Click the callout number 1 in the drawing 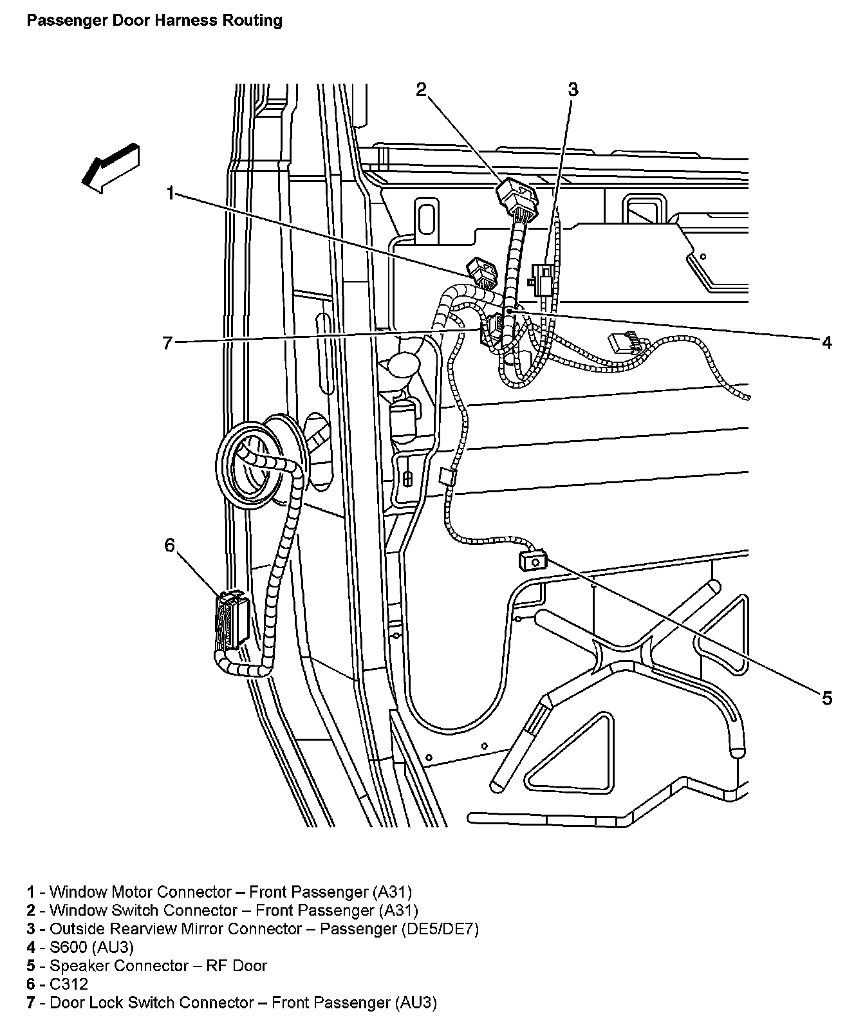coord(170,192)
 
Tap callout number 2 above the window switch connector coord(421,89)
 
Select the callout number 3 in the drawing coord(573,89)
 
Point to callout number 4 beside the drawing coord(827,342)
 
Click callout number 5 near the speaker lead coord(826,698)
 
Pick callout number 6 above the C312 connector coord(169,546)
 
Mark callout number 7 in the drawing coord(168,343)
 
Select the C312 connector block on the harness coord(231,621)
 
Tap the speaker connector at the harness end coord(534,559)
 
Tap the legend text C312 coord(69,984)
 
